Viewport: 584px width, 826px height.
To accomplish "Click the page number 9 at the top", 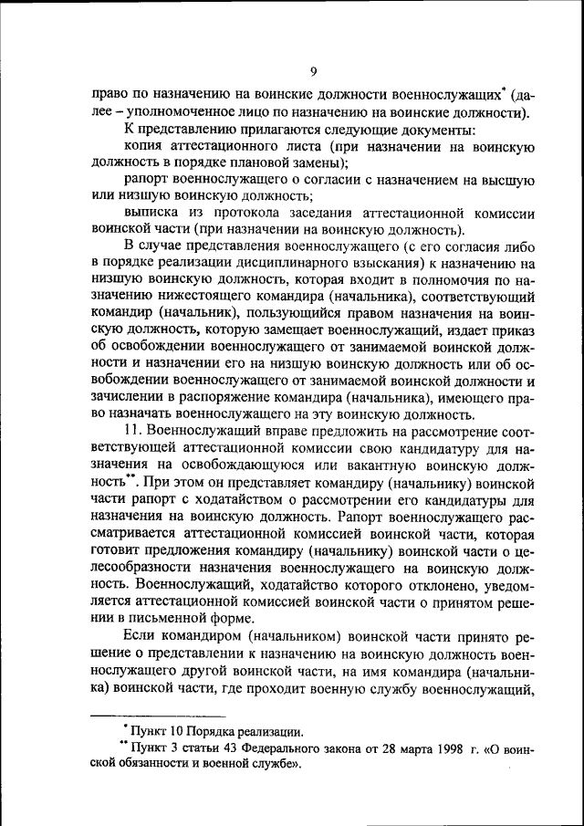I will [312, 72].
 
